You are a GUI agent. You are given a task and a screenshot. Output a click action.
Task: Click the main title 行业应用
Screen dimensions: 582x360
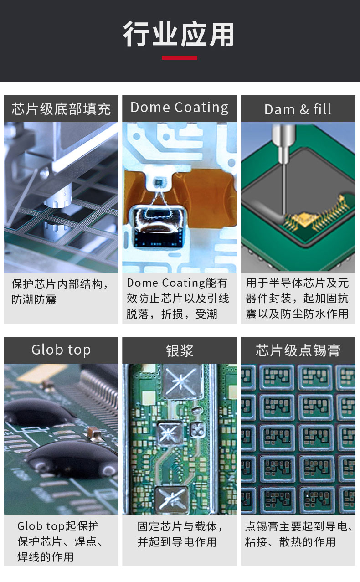tap(179, 35)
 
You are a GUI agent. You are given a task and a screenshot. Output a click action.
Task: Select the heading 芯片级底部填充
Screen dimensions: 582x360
tap(61, 109)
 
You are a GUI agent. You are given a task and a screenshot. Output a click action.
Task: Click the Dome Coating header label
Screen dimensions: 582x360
tap(179, 108)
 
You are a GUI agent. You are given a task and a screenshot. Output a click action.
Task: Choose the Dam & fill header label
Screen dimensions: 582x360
tap(298, 109)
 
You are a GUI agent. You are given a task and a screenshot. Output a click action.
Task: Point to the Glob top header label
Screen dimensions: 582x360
tap(61, 350)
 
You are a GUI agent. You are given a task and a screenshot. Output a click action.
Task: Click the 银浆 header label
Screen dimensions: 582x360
tap(179, 350)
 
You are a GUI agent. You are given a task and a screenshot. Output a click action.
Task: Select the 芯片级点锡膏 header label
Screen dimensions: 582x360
tap(298, 350)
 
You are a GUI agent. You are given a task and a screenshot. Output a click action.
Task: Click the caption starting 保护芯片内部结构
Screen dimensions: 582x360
tap(60, 292)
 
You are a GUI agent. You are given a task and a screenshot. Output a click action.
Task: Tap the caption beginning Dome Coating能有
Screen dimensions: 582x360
tap(178, 299)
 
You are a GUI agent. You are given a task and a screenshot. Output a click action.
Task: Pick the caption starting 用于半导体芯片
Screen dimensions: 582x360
tap(297, 299)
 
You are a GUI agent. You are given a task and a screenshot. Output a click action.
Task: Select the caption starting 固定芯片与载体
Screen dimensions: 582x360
tap(180, 534)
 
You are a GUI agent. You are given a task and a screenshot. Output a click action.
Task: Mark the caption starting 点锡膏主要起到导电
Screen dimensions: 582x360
tap(298, 534)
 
